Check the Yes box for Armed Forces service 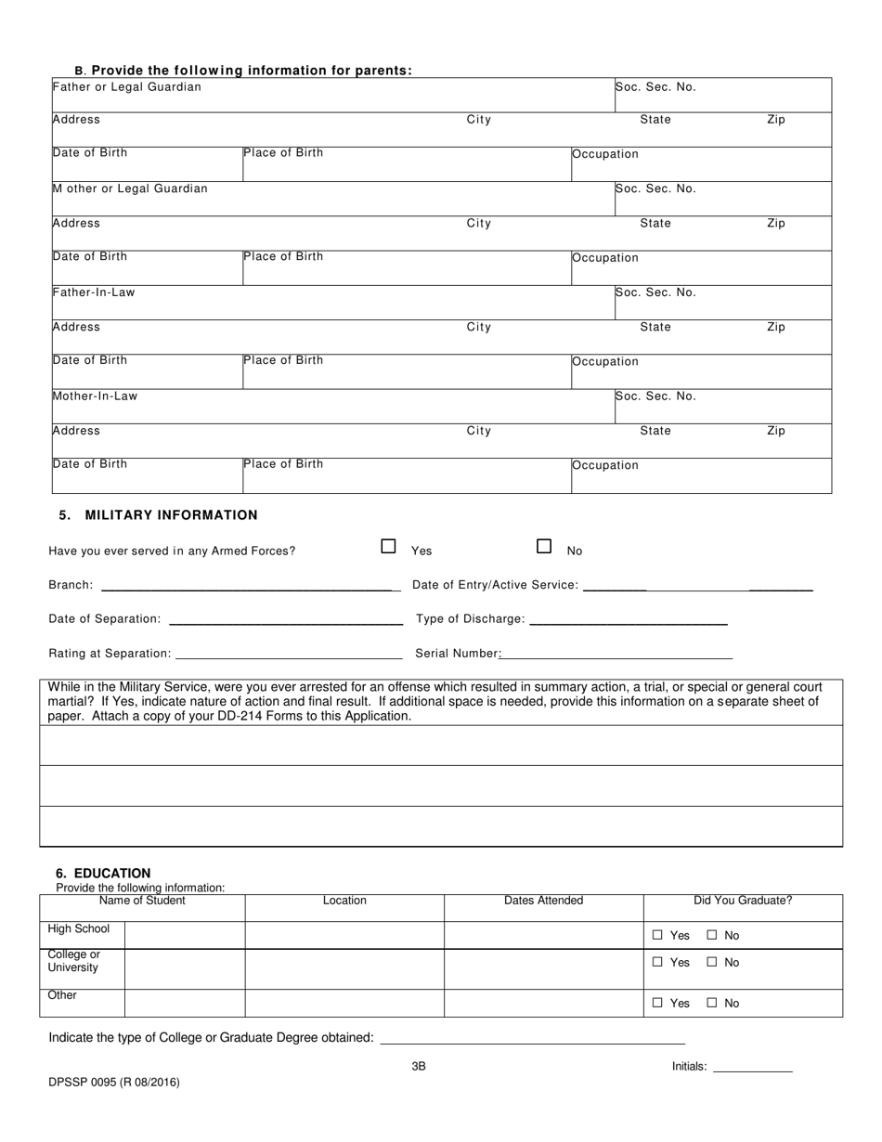click(389, 547)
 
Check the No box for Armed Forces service click(545, 547)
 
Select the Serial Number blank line click(616, 656)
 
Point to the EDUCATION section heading click(103, 873)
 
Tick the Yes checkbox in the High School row click(657, 936)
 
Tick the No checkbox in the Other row click(712, 1003)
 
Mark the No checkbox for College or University click(712, 962)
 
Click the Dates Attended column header click(543, 901)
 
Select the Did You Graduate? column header click(743, 901)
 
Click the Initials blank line click(751, 1071)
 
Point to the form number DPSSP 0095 click(114, 1082)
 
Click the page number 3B click(419, 1067)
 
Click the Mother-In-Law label click(95, 396)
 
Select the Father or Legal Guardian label click(127, 87)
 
